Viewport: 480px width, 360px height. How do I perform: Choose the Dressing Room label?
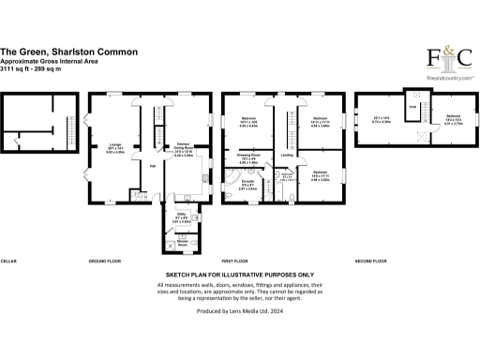coord(248,156)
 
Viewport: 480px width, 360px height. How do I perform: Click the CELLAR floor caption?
coord(10,261)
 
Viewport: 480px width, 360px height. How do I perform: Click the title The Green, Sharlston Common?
coord(69,52)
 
